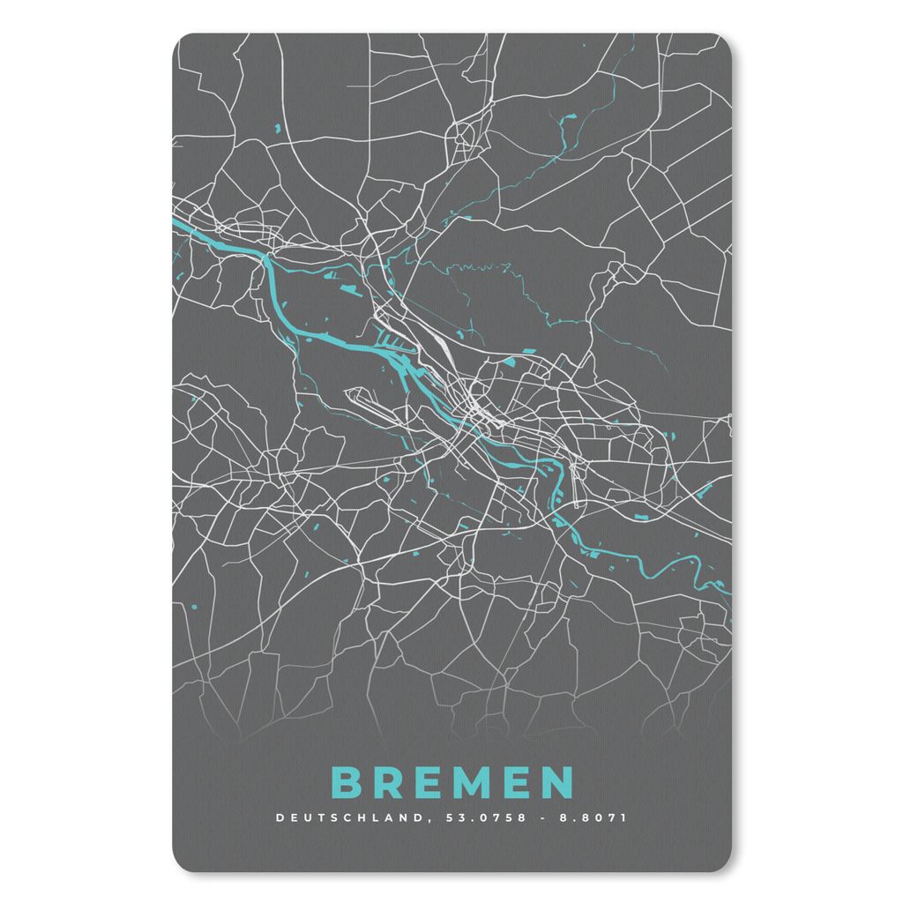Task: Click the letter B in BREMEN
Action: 345,783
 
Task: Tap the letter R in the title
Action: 384,783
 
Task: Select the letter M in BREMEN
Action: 469,783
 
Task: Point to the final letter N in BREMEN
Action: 558,783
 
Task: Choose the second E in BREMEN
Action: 515,783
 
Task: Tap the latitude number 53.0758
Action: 485,817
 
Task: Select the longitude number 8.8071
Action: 596,817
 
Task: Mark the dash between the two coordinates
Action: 541,817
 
